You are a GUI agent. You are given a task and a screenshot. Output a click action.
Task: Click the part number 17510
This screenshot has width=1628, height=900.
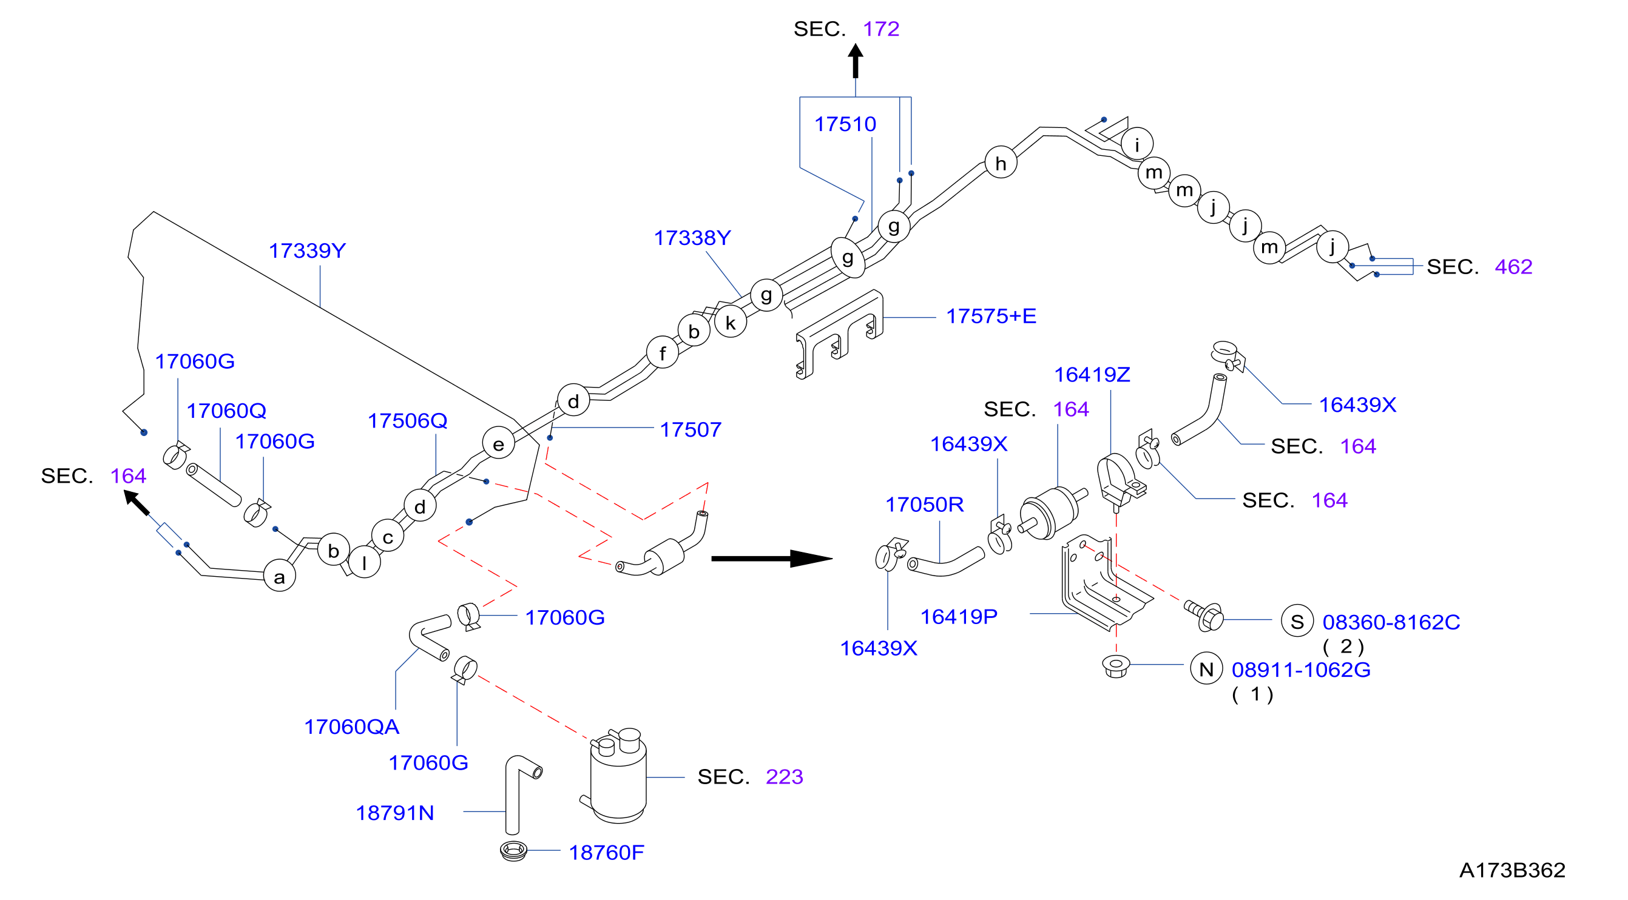coord(845,124)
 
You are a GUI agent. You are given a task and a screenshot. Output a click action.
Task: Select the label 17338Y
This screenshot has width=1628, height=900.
coord(692,238)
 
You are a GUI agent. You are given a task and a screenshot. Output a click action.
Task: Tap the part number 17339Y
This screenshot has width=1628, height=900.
coord(307,250)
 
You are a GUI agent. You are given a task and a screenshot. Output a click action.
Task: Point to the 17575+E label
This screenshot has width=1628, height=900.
coord(991,316)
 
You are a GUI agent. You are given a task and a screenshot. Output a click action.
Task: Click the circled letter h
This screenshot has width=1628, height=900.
coord(1001,163)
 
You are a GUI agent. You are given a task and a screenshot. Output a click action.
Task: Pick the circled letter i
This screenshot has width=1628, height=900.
coord(1137,144)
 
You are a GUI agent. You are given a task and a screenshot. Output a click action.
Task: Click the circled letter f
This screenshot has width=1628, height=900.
coord(663,352)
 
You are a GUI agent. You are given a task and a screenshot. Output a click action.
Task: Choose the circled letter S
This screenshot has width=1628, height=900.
coord(1297,621)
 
